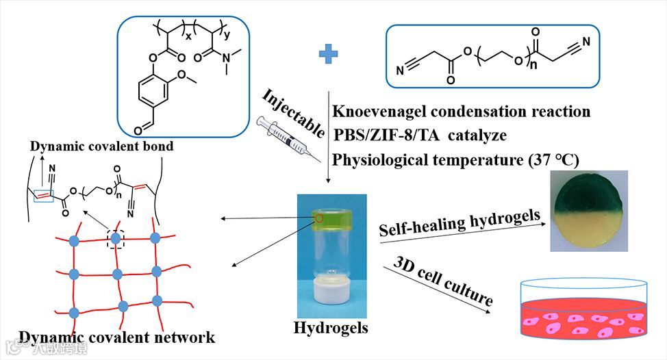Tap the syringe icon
pyautogui.click(x=285, y=140)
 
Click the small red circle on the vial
pyautogui.click(x=318, y=219)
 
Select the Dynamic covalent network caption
pyautogui.click(x=117, y=337)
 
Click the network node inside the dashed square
pyautogui.click(x=116, y=238)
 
